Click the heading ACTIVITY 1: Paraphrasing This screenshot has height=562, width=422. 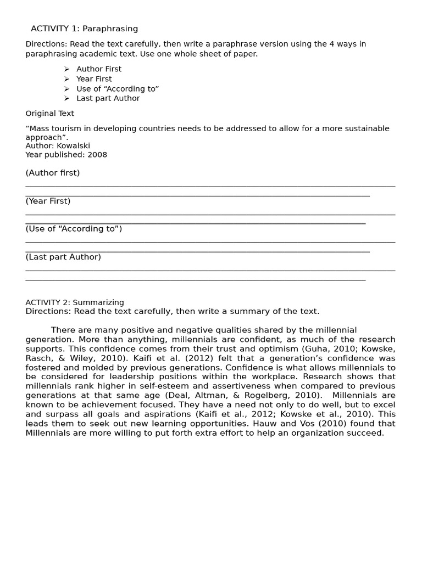click(x=84, y=29)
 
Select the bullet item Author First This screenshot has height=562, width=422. click(x=99, y=69)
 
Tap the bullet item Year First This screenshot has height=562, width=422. click(x=94, y=79)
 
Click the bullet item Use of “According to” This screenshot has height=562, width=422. click(x=118, y=89)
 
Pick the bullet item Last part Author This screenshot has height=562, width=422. click(x=108, y=98)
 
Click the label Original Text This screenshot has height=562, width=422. click(x=49, y=114)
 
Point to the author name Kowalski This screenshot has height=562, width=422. click(x=73, y=146)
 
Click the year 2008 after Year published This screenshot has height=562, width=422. click(x=97, y=155)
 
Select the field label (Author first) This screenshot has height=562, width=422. click(x=52, y=173)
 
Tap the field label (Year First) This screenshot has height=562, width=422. click(x=48, y=201)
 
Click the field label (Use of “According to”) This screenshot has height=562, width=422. click(x=74, y=229)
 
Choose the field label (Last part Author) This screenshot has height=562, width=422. click(x=63, y=257)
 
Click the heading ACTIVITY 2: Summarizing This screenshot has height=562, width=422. click(x=75, y=302)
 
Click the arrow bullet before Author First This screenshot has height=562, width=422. click(x=66, y=69)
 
